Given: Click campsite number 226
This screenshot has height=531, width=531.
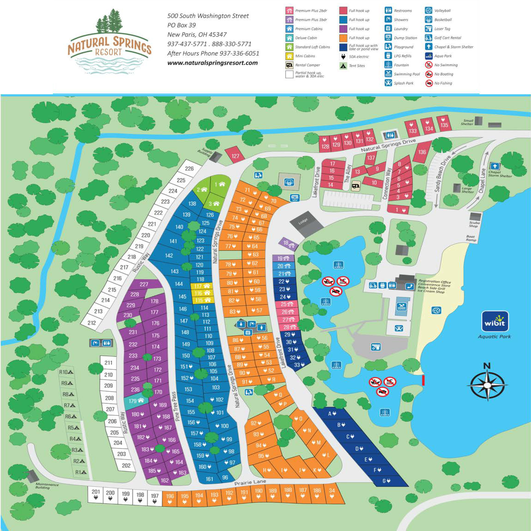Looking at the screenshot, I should pyautogui.click(x=189, y=169).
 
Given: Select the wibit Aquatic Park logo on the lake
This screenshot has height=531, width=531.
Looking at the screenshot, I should pyautogui.click(x=495, y=322).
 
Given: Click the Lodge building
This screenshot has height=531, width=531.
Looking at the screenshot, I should pyautogui.click(x=306, y=225).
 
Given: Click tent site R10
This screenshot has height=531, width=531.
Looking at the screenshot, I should pyautogui.click(x=66, y=372).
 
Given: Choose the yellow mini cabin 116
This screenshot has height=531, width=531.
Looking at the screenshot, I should pyautogui.click(x=202, y=293).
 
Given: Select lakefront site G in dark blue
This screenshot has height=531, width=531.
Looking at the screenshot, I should pyautogui.click(x=386, y=489).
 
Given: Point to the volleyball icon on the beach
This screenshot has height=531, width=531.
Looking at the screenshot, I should pyautogui.click(x=436, y=311).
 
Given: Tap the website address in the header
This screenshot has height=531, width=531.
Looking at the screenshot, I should pyautogui.click(x=212, y=63).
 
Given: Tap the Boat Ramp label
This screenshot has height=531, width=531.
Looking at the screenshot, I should pyautogui.click(x=471, y=238).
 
